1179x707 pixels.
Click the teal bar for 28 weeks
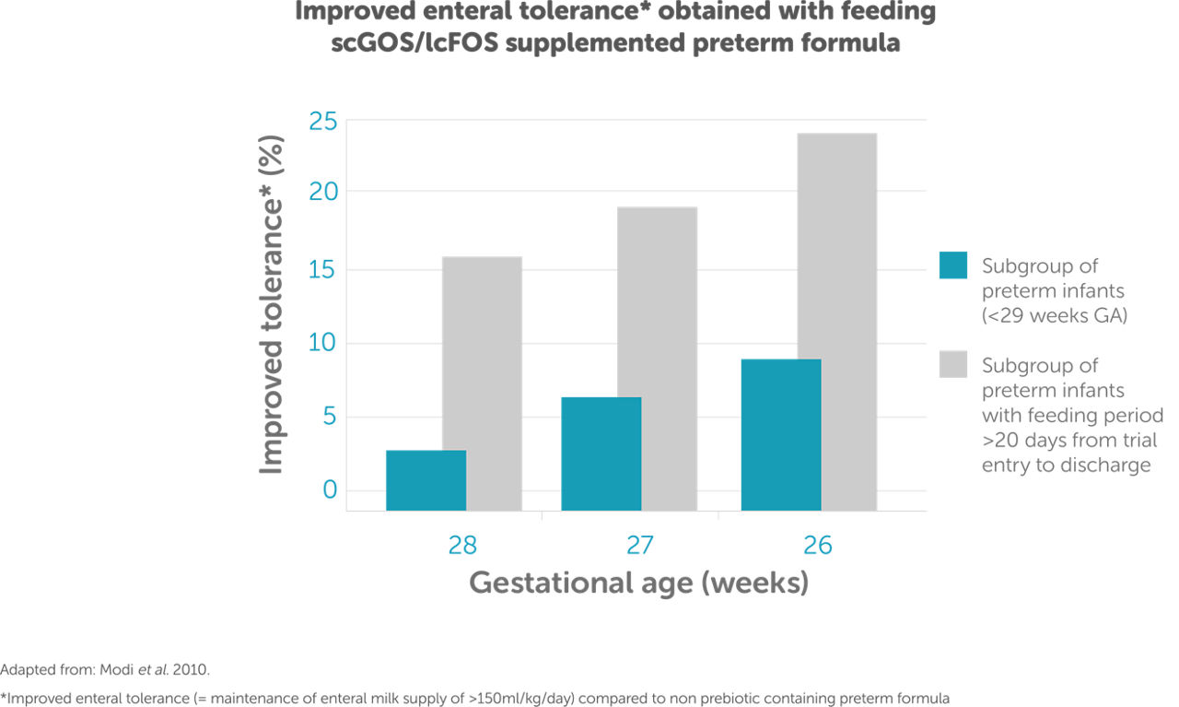tap(426, 480)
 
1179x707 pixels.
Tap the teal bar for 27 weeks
tap(601, 454)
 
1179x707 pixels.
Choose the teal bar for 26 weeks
tap(781, 434)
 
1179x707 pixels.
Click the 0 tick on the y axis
tap(330, 489)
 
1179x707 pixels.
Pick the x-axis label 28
tap(462, 545)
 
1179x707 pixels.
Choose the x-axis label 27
tap(639, 545)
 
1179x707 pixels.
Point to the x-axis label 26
tap(817, 545)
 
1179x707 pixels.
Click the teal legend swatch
tap(952, 265)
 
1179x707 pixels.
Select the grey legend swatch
tap(952, 364)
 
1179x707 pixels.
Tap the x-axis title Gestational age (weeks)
tap(638, 583)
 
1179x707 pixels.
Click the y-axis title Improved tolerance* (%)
tap(271, 305)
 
